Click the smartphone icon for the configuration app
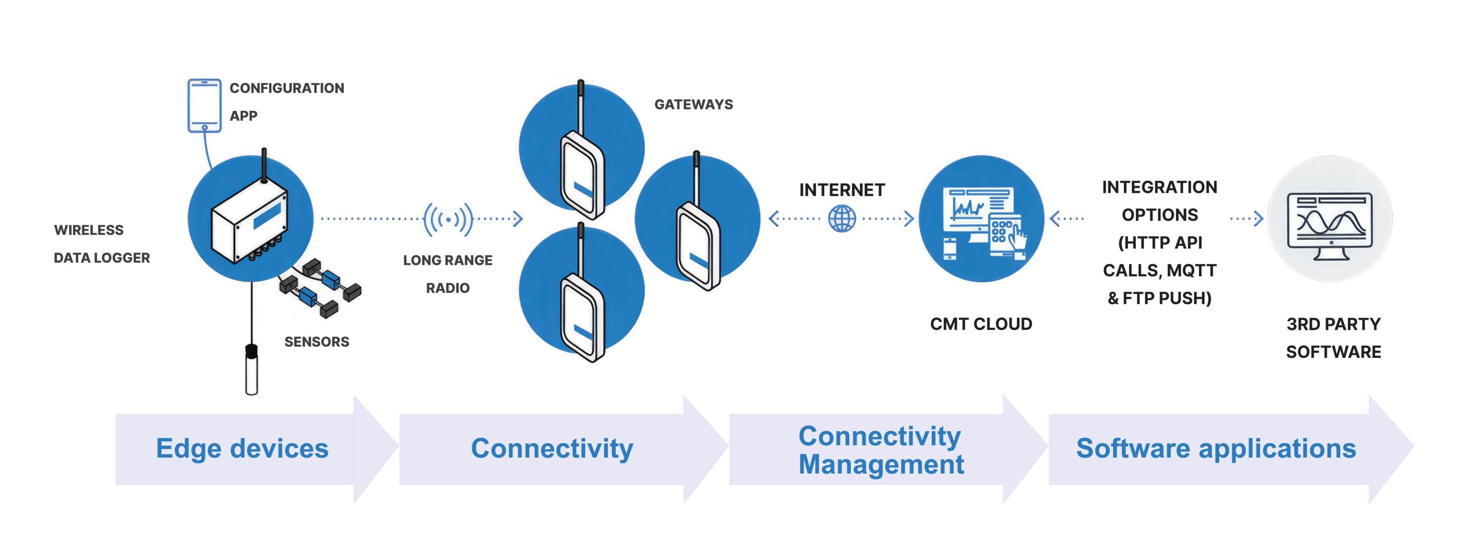(x=204, y=105)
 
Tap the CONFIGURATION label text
(x=287, y=88)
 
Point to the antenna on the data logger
(x=264, y=165)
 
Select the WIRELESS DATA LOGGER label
(x=101, y=244)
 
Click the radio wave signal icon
(x=448, y=219)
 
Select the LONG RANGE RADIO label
(x=447, y=274)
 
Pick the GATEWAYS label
(x=693, y=105)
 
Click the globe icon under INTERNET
(x=842, y=219)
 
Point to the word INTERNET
(x=842, y=190)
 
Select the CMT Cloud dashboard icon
(x=982, y=219)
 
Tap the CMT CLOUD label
(x=981, y=324)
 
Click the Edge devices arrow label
(x=242, y=448)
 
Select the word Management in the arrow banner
(x=881, y=464)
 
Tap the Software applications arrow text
(x=1216, y=448)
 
